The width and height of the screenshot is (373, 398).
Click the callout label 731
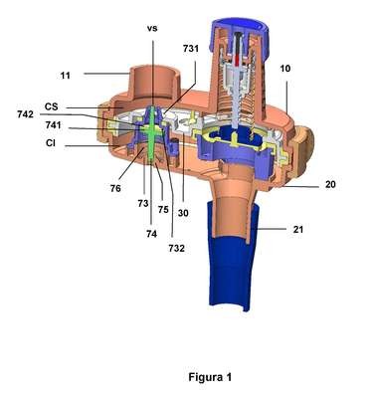191,49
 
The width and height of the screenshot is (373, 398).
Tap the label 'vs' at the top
152,28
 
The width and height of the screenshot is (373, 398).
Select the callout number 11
66,76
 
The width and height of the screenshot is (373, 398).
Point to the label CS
52,106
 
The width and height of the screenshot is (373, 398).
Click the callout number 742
26,114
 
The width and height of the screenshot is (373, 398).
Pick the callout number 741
53,125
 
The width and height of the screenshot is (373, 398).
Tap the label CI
51,143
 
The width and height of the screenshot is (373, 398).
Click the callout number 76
115,188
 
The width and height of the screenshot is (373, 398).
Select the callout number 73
143,203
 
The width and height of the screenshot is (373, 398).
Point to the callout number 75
163,210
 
